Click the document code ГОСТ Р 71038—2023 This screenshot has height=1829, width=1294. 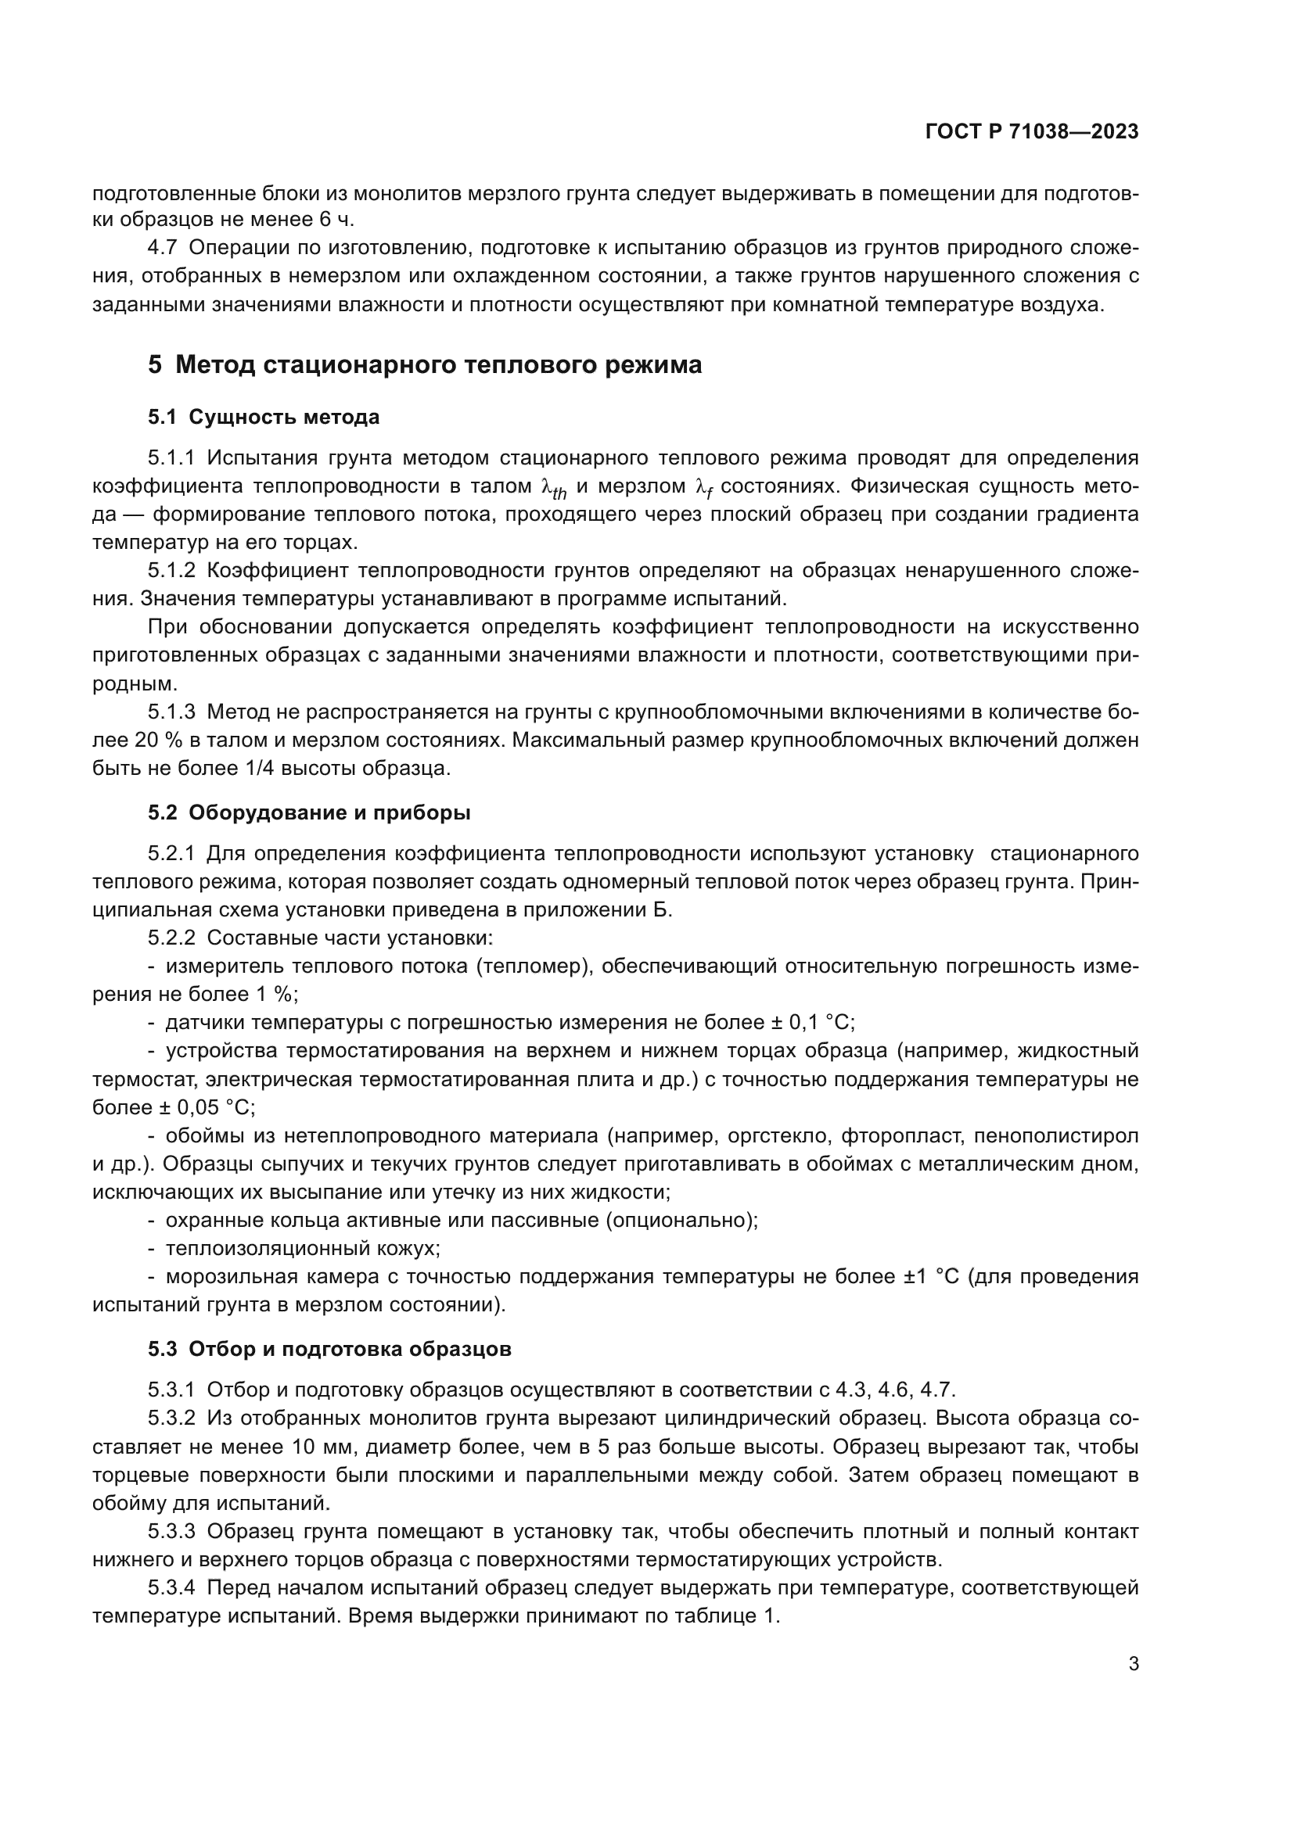coord(1032,132)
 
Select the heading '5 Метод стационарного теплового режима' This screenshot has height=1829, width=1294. coord(425,365)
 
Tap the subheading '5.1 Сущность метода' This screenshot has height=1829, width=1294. coord(263,417)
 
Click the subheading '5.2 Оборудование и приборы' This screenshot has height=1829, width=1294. coord(309,812)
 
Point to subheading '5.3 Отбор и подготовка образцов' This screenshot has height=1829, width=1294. coord(329,1349)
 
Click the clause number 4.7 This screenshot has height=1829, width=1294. coord(162,248)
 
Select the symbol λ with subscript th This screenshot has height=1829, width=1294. coord(553,488)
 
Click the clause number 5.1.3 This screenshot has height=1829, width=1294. coord(171,712)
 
